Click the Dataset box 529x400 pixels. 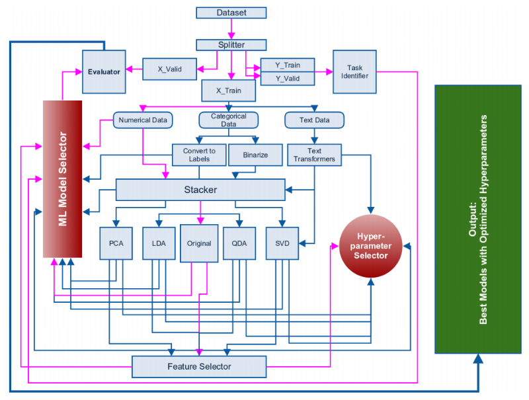(x=231, y=13)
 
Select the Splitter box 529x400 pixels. (x=231, y=45)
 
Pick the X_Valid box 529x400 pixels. (x=171, y=69)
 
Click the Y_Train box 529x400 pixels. (x=287, y=65)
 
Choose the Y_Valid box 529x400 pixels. (x=287, y=78)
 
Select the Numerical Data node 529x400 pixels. (x=143, y=120)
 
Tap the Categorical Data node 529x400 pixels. (x=228, y=120)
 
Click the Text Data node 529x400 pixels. (x=315, y=120)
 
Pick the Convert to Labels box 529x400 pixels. (x=199, y=155)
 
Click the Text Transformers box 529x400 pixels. (x=315, y=155)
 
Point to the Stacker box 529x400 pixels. (x=200, y=190)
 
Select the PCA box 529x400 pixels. (x=116, y=243)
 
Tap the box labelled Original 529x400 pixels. (x=199, y=243)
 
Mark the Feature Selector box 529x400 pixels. (x=199, y=366)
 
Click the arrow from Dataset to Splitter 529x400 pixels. (x=231, y=29)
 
